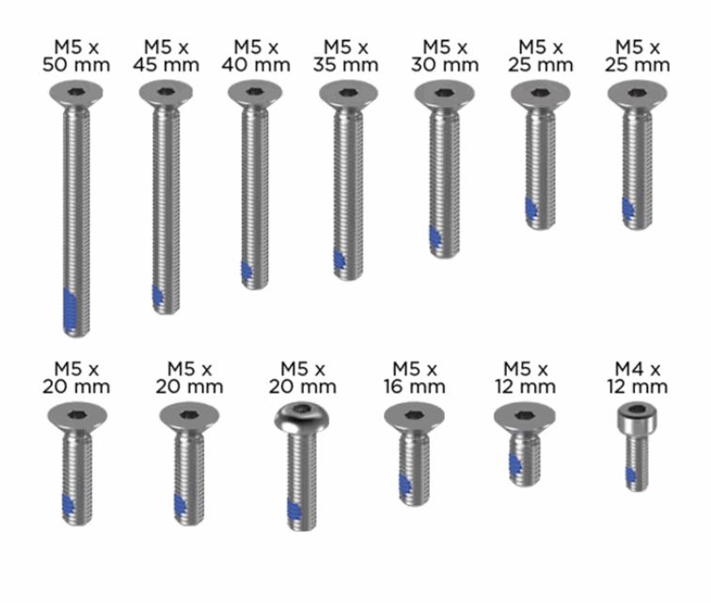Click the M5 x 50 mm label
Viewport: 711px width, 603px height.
(76, 56)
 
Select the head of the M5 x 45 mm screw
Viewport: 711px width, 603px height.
(166, 94)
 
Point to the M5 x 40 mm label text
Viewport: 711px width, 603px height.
(256, 56)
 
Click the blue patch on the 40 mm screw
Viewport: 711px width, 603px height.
(246, 271)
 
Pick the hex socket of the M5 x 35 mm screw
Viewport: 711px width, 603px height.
(348, 93)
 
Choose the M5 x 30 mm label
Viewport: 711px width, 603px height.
(445, 56)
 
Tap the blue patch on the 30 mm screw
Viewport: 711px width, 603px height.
(435, 237)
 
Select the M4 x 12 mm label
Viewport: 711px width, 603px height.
(637, 378)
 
